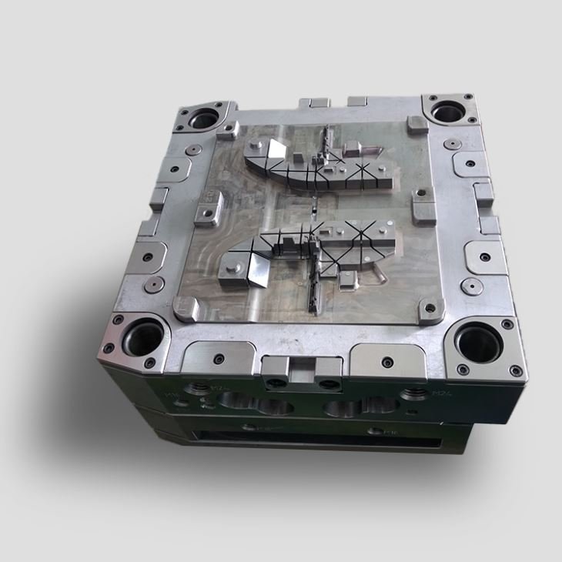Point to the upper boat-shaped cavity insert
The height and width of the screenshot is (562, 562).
(x=320, y=165)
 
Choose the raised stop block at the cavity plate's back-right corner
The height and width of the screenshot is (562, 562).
(x=416, y=125)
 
